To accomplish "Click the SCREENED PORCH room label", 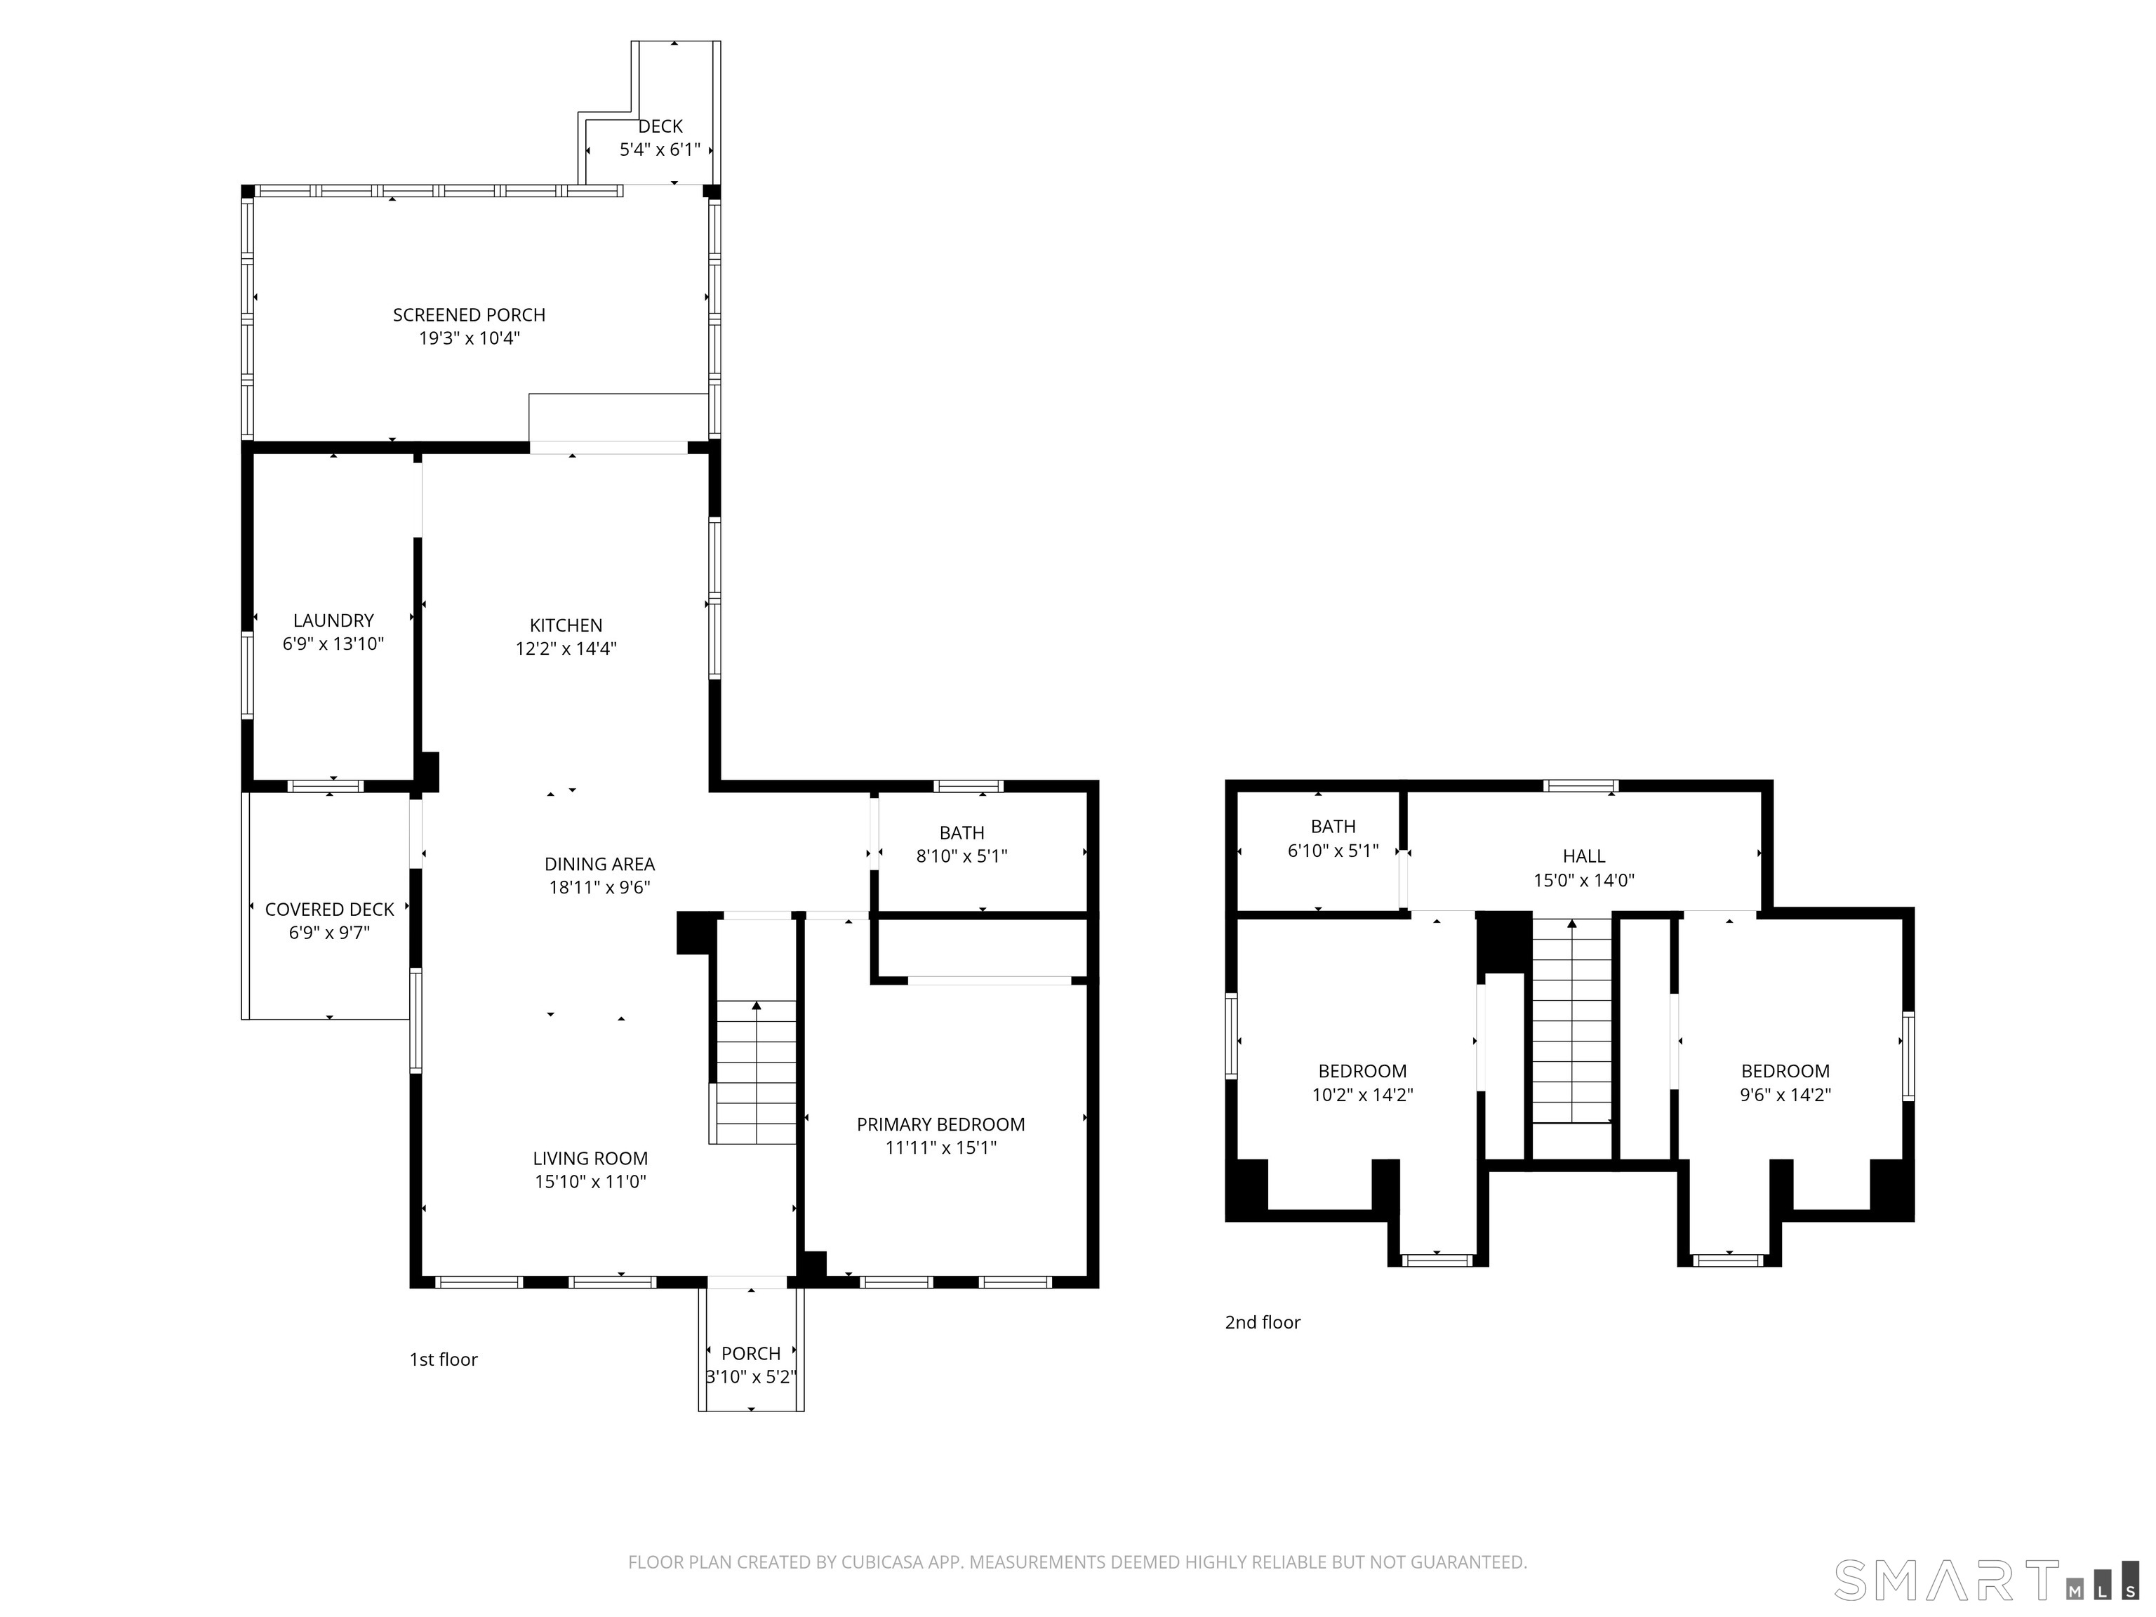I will coord(469,315).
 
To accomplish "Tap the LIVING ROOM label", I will coord(590,1159).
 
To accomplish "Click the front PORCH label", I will coord(750,1354).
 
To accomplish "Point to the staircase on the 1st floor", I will coord(757,1072).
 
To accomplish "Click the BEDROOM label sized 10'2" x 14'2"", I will coord(1362,1071).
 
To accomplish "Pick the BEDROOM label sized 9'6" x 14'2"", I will coord(1785,1071).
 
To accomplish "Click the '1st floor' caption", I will coord(444,1359).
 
